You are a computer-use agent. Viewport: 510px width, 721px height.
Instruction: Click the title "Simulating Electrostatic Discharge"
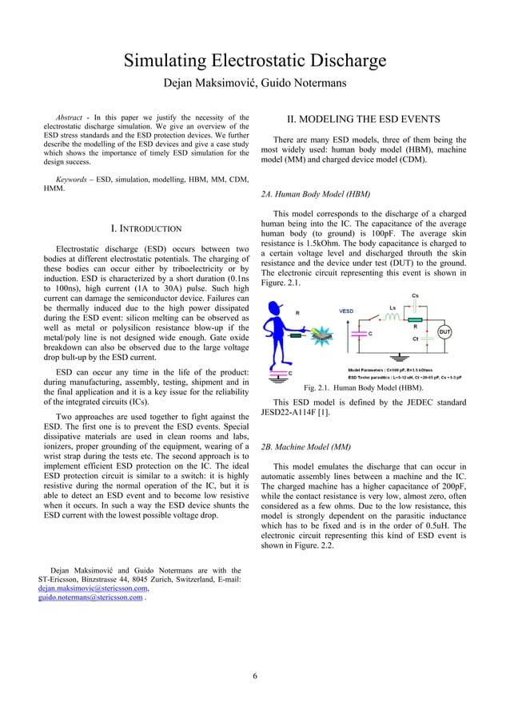(x=254, y=61)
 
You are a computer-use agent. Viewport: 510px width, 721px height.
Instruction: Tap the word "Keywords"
(x=70, y=180)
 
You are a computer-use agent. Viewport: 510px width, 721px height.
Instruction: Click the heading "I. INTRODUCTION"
(x=146, y=231)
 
